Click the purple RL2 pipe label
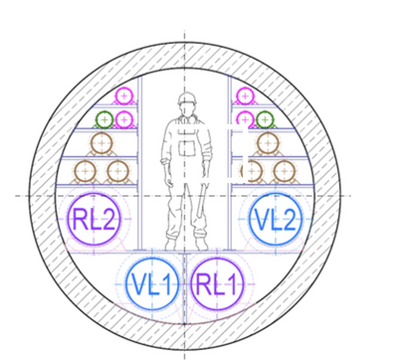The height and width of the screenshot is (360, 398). click(x=94, y=220)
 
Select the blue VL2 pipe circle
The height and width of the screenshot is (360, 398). click(x=275, y=219)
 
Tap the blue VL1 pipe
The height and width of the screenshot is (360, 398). click(x=152, y=284)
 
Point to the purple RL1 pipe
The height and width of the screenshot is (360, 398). click(x=218, y=284)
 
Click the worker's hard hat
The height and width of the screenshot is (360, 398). click(x=187, y=98)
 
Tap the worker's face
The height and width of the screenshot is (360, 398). click(x=187, y=109)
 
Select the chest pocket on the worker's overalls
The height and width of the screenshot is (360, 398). click(x=187, y=147)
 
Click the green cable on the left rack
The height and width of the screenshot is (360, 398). click(x=104, y=119)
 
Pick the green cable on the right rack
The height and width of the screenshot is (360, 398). click(x=265, y=119)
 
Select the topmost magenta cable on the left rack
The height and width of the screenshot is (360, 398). click(x=124, y=96)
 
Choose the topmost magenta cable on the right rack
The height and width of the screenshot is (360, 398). click(x=245, y=96)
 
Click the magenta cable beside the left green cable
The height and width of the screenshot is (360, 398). click(x=124, y=119)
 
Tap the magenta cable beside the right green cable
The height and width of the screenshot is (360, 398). click(x=245, y=119)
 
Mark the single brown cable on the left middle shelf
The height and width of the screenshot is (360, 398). click(x=101, y=143)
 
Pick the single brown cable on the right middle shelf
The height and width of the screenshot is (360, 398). click(x=268, y=143)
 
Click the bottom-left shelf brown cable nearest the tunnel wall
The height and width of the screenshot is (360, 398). click(x=86, y=171)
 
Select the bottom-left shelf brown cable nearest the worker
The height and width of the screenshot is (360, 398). click(x=118, y=171)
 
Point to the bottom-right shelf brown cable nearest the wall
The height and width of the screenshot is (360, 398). click(x=285, y=171)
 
